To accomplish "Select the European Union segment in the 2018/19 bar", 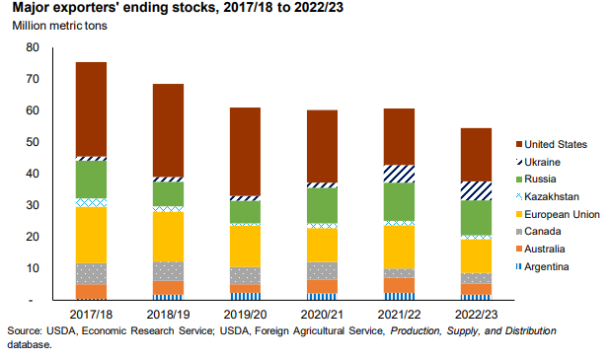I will coord(168,236).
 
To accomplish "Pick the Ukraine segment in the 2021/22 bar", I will coord(399,174).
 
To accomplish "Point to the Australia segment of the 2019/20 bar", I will coord(245,288).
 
